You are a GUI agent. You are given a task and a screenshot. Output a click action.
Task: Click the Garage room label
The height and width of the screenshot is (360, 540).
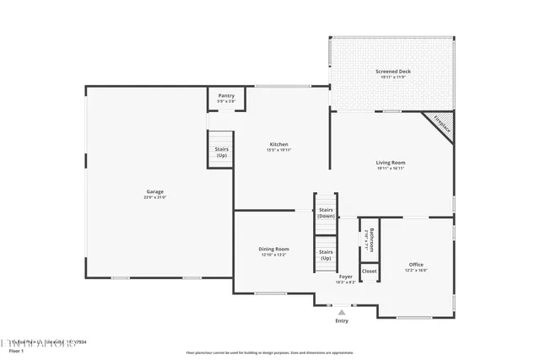click(155, 191)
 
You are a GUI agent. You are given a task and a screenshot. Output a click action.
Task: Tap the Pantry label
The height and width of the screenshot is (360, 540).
click(226, 95)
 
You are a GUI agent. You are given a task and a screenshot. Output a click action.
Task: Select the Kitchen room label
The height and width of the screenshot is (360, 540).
click(278, 144)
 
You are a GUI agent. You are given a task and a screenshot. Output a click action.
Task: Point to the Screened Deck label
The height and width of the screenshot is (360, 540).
click(393, 72)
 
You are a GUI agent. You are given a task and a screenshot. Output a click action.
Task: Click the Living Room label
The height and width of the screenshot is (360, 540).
click(391, 162)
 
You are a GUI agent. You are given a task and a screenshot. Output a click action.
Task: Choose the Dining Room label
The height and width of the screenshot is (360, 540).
click(273, 249)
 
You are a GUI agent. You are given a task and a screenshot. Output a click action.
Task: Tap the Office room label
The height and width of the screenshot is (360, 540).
click(416, 264)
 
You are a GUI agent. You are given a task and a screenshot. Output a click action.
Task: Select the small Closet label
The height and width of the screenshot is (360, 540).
click(370, 271)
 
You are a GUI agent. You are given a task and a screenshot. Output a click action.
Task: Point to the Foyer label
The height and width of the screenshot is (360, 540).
click(346, 277)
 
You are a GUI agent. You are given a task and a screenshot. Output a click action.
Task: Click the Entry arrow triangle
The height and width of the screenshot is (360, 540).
click(342, 312)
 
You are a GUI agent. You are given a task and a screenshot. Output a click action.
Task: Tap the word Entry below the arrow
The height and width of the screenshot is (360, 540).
click(342, 320)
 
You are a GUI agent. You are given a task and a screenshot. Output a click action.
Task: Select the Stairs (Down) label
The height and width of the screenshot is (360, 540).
click(326, 212)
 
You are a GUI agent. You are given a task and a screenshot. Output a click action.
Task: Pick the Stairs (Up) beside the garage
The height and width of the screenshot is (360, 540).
click(221, 152)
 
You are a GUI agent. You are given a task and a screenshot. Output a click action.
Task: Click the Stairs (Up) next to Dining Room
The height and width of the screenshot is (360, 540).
click(326, 255)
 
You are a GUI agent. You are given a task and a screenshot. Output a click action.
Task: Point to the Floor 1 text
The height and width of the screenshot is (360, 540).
click(17, 351)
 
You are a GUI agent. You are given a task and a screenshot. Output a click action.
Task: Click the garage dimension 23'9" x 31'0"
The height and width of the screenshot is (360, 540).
click(155, 197)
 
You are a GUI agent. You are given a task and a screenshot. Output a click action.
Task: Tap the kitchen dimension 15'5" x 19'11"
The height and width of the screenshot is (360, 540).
click(278, 150)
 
